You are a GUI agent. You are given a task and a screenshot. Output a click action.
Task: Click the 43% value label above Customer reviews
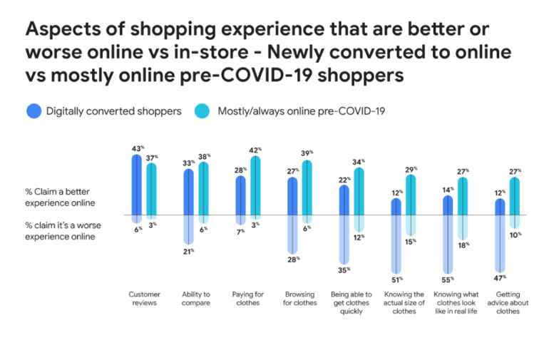138,148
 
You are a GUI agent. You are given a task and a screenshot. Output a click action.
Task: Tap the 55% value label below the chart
448,279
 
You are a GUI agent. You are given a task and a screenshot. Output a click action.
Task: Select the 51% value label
397,279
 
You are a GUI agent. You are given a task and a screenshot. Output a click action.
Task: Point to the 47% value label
500,278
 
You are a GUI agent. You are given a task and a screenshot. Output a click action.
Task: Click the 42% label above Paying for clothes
255,150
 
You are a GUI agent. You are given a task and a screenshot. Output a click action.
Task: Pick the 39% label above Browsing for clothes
307,153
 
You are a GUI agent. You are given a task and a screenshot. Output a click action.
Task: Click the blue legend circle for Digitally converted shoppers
34,111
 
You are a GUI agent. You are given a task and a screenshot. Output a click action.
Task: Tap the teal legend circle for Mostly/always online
202,111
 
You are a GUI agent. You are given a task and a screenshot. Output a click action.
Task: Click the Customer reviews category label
144,299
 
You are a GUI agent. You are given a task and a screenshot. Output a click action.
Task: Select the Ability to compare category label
196,299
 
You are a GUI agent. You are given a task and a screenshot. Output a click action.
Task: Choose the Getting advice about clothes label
508,303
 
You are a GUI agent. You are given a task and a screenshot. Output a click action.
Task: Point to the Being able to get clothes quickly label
352,303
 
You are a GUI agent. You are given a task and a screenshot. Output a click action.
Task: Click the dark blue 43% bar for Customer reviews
137,185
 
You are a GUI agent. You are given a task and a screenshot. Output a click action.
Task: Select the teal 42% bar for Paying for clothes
255,185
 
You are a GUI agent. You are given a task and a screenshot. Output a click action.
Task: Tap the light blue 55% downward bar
448,245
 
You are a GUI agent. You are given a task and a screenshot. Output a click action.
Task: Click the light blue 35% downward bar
344,240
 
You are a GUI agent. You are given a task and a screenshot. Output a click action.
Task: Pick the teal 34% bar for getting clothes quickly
359,191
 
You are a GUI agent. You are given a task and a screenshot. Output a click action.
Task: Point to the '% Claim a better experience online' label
60,197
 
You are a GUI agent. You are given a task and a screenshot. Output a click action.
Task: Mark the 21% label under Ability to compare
188,252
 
